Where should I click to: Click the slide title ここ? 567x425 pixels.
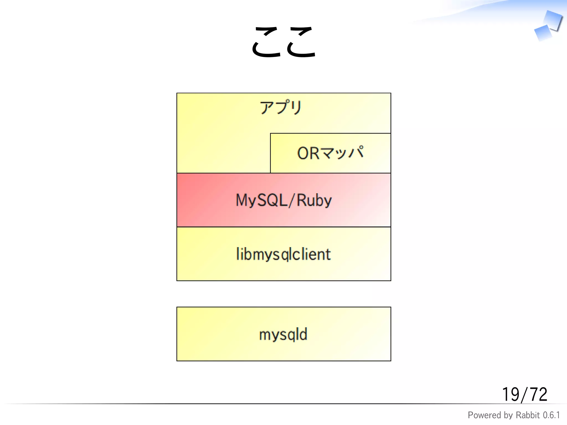point(283,42)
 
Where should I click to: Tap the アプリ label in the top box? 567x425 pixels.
point(281,107)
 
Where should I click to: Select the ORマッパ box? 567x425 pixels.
point(330,153)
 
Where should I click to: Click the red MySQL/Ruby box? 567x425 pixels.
point(283,200)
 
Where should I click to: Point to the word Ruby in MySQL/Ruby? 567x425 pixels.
point(314,200)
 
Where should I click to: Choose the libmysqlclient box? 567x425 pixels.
point(283,254)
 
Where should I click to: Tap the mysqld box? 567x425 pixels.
point(283,334)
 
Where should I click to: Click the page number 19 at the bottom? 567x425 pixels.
point(511,394)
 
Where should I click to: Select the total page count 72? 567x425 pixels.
point(538,394)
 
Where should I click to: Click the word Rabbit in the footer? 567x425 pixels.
point(528,415)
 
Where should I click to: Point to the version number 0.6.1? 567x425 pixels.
point(551,415)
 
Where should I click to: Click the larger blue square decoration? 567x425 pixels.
point(553,20)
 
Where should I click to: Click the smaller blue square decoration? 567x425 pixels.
point(543,33)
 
